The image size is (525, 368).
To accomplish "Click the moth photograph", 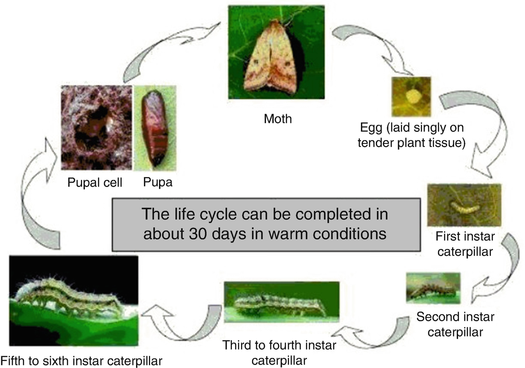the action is point(276,52).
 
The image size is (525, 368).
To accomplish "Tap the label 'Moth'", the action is point(278,119).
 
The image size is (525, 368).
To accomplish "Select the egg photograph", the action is point(411,97).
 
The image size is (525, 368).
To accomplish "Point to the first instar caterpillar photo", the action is point(464,205).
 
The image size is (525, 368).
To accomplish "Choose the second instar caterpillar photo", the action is point(434,288).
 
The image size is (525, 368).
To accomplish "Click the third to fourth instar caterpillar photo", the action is point(281,302).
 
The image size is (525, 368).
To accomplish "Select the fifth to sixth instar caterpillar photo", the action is point(74,301).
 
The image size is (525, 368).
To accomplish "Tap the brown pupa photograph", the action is point(155,128).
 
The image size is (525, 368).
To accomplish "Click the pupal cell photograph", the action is point(97,128).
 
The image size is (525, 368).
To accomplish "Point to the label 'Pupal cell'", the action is point(94,183).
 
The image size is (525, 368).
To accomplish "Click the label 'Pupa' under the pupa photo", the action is point(158,182).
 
